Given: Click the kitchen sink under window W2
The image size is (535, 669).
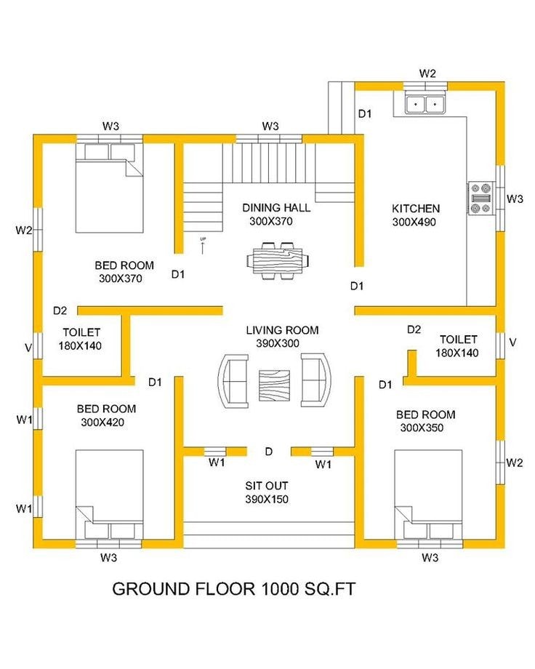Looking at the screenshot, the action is (x=425, y=104).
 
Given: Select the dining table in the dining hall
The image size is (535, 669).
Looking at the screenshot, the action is (x=278, y=260).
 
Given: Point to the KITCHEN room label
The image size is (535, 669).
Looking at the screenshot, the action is (x=416, y=209).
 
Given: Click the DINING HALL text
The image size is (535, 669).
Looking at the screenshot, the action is (x=276, y=208).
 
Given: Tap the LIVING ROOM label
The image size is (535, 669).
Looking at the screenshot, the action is (x=282, y=330).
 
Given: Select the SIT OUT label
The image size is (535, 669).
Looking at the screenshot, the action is (x=267, y=486).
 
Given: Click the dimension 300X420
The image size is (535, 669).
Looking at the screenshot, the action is (x=102, y=422).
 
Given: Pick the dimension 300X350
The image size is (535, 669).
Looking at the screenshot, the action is (x=422, y=428).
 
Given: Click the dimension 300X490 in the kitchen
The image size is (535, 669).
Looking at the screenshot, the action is (x=414, y=222).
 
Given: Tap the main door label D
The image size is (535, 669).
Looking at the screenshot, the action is (x=268, y=452).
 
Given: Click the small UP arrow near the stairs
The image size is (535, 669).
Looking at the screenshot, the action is (x=203, y=247).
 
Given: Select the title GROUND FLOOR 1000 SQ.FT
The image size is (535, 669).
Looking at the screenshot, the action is (x=234, y=589).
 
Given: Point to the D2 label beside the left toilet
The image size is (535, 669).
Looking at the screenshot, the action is (x=60, y=311).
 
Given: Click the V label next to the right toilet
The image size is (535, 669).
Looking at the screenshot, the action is (x=513, y=342).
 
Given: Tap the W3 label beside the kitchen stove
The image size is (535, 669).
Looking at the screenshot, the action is (x=515, y=199).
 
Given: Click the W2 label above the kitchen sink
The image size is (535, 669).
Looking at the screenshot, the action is (x=427, y=73).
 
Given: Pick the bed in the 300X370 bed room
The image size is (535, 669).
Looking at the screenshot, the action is (x=109, y=188).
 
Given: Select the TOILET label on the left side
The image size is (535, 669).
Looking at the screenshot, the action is (x=81, y=332).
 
